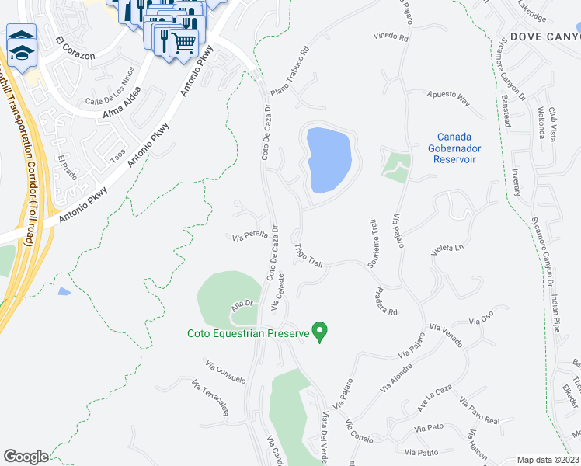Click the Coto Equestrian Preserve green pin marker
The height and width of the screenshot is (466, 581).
click(318, 332)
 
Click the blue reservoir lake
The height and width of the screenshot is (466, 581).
click(329, 158)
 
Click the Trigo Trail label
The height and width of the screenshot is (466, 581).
click(308, 257)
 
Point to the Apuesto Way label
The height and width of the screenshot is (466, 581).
click(449, 99)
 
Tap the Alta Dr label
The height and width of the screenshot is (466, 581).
click(242, 308)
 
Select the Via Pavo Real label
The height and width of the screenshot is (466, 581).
click(478, 412)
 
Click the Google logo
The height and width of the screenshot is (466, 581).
click(26, 457)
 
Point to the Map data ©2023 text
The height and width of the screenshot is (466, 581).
click(548, 460)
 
